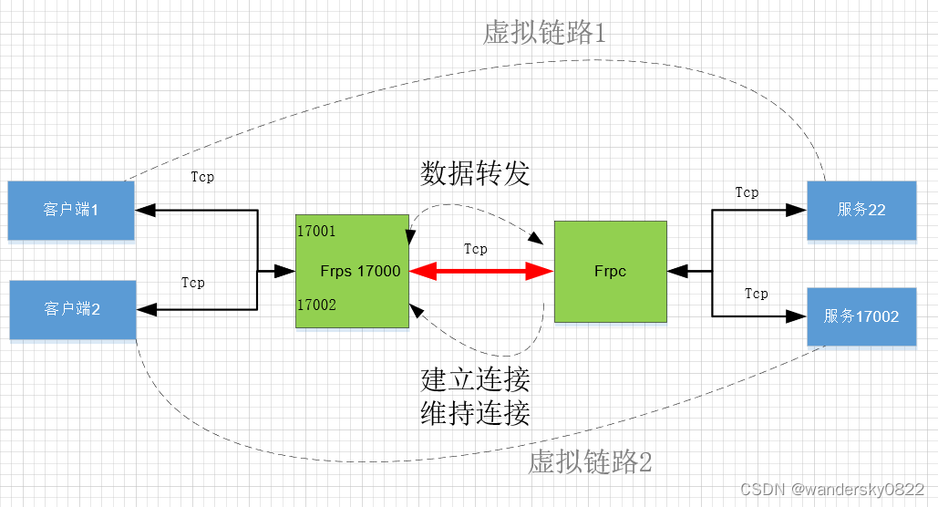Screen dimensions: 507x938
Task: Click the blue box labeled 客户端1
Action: coord(71,210)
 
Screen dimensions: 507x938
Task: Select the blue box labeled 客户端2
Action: coord(72,309)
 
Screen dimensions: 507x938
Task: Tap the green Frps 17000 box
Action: coord(351,271)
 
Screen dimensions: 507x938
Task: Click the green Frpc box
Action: coord(610,271)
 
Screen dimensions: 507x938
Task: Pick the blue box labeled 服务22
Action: coord(861,210)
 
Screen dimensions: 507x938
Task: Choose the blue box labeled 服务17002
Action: coord(861,316)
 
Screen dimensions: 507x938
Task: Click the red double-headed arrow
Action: coord(481,271)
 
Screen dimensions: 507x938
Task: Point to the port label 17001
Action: coord(316,232)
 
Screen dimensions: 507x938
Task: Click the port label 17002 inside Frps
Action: coord(316,305)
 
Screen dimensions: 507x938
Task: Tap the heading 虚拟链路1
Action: coord(545,34)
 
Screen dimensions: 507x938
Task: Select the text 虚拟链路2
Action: coord(591,462)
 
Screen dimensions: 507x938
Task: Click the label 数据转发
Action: coord(475,173)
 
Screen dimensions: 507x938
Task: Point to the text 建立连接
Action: coord(475,378)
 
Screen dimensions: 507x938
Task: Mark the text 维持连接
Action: coord(475,413)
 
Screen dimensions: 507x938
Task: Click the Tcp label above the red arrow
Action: coord(475,249)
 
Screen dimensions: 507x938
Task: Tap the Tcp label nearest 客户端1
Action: coord(202,177)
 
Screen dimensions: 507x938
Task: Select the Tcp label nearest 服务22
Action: coord(747,192)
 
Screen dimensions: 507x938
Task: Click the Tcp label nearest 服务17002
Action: coord(756,294)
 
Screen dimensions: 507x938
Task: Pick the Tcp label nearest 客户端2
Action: coord(192,283)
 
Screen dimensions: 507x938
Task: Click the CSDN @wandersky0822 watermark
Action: coord(832,490)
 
